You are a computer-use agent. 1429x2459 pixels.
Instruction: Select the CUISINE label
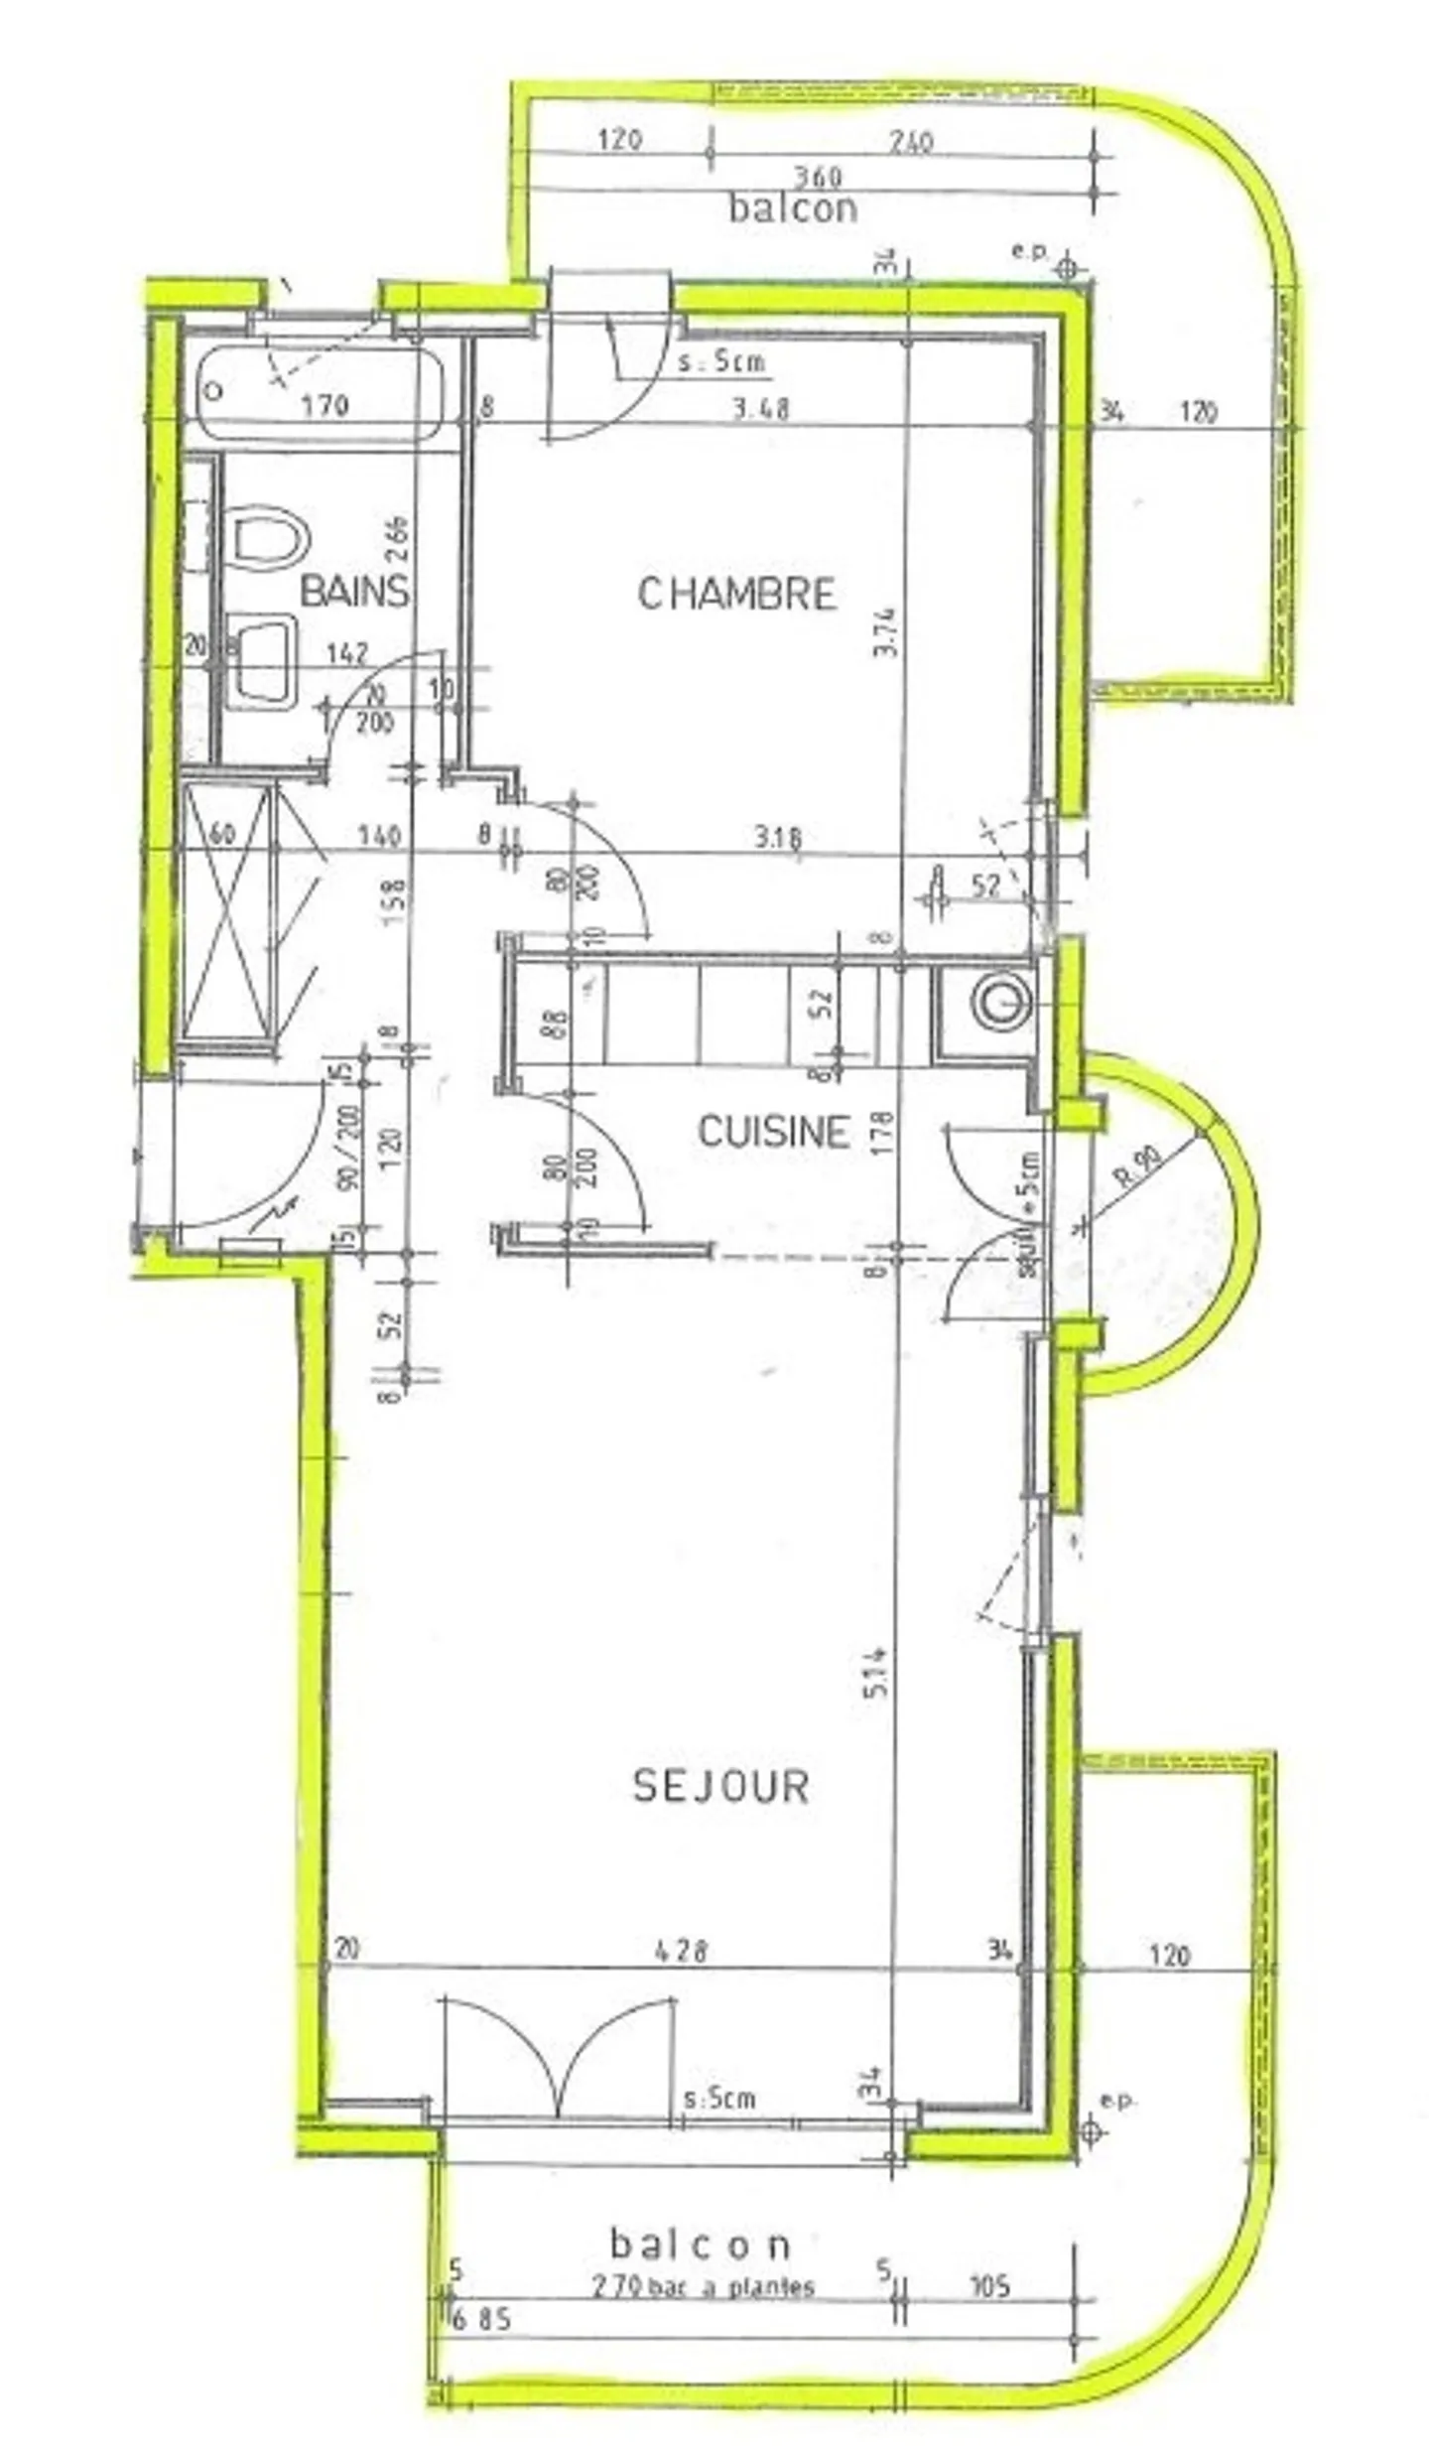pyautogui.click(x=774, y=1132)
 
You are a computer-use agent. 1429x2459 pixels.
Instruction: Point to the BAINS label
pyautogui.click(x=354, y=592)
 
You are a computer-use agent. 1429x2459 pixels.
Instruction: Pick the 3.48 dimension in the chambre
pyautogui.click(x=760, y=408)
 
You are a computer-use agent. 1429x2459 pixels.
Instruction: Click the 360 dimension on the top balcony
pyautogui.click(x=818, y=177)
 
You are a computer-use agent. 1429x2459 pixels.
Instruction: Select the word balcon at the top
pyautogui.click(x=793, y=208)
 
